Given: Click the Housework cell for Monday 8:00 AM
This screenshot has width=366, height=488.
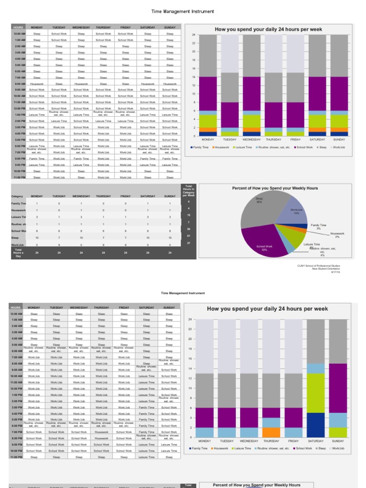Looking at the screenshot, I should (x=37, y=83).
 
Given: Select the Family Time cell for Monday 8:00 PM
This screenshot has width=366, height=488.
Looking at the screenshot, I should (x=37, y=158).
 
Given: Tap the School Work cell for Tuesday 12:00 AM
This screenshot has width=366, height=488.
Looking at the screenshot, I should (x=59, y=34).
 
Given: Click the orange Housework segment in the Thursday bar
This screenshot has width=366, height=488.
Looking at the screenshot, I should (x=271, y=432).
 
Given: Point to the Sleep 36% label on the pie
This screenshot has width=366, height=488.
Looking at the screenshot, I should (x=259, y=200).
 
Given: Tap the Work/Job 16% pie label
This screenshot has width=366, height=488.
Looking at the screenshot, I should (x=296, y=211).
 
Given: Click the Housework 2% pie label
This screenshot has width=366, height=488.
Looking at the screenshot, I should (x=337, y=234).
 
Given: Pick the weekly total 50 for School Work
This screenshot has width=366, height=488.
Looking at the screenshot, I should (x=189, y=229).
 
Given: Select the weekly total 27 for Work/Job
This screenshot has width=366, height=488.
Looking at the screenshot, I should (x=189, y=243).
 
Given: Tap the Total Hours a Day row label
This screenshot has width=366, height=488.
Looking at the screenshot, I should (x=18, y=253).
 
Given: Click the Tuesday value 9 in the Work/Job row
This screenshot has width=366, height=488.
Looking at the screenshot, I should (x=59, y=244).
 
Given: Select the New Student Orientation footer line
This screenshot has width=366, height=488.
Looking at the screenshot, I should (x=326, y=269).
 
